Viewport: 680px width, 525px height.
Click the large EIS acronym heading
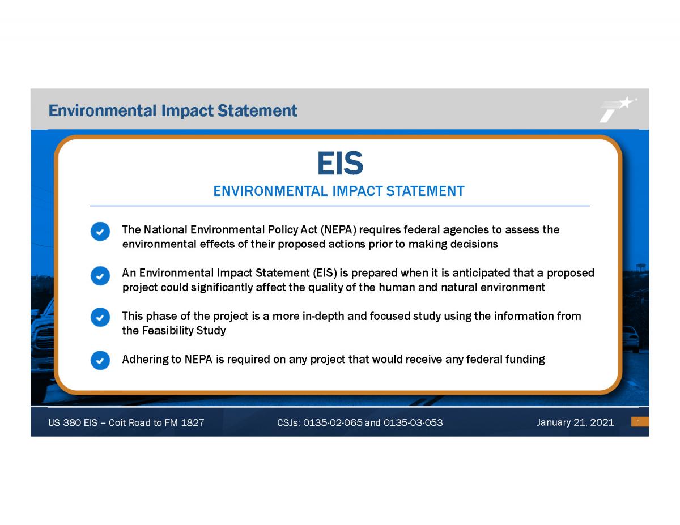[x=339, y=164]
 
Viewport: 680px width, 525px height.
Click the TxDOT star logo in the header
[x=618, y=109]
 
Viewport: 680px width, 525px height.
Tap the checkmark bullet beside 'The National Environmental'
[x=100, y=231]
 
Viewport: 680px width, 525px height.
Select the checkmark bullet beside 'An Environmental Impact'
[x=100, y=275]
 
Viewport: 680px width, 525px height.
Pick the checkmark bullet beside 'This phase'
[x=100, y=317]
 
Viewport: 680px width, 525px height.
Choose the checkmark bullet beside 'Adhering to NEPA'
[x=100, y=360]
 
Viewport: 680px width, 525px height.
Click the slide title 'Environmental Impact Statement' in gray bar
[x=173, y=110]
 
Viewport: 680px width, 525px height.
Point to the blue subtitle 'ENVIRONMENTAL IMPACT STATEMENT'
[x=339, y=191]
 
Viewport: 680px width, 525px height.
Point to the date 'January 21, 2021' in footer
[x=575, y=422]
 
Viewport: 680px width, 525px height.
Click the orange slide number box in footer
[x=639, y=422]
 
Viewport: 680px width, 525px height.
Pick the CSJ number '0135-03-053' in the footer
[x=413, y=423]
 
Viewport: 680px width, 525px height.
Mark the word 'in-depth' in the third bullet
[x=324, y=316]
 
